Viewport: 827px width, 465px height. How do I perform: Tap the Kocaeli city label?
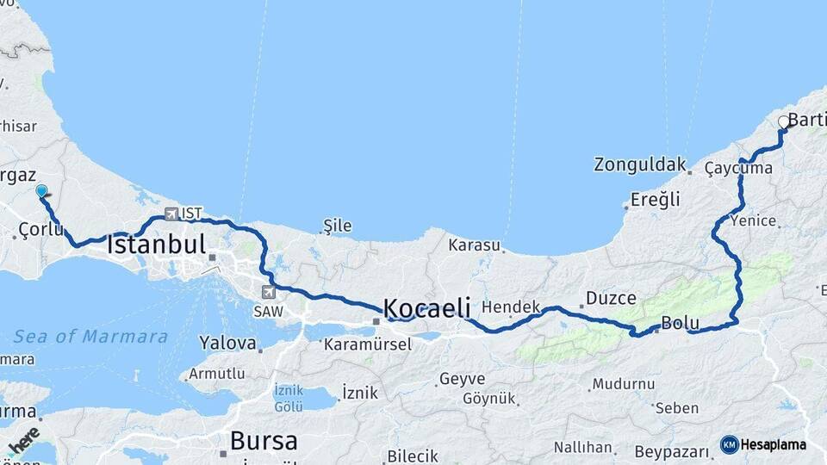click(426, 307)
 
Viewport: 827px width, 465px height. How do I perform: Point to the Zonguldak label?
click(640, 164)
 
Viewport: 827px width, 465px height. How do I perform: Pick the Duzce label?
click(611, 299)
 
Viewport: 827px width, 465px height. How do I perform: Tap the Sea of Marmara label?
click(90, 336)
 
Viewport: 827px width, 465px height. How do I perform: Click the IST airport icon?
click(171, 214)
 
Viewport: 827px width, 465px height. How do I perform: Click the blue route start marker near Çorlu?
click(40, 191)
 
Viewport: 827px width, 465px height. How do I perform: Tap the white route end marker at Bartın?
click(784, 122)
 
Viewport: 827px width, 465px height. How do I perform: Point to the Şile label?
click(337, 226)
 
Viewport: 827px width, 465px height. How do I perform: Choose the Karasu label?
click(474, 245)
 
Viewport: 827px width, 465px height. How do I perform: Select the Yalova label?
click(227, 344)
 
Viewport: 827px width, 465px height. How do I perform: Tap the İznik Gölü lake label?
click(288, 397)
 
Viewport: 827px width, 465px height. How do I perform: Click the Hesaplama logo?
click(763, 444)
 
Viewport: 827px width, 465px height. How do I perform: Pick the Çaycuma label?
click(738, 168)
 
